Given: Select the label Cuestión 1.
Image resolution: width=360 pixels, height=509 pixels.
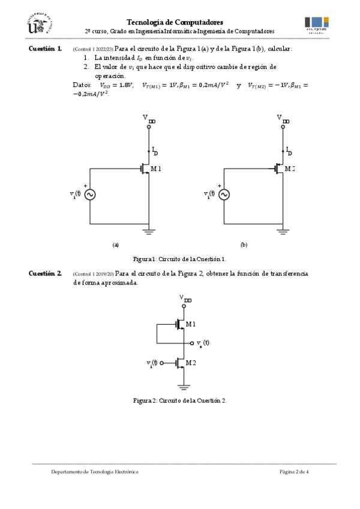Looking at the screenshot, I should tap(45, 48).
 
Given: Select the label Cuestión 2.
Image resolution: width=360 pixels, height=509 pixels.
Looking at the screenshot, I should tap(45, 274).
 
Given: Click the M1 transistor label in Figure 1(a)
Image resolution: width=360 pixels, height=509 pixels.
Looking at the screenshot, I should tap(156, 169).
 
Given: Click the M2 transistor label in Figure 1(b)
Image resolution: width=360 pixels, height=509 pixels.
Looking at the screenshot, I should tap(290, 169).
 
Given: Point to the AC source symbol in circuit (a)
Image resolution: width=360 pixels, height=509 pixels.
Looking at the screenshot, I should tap(90, 194).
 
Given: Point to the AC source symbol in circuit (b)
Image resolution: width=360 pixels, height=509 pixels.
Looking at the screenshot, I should tap(224, 194).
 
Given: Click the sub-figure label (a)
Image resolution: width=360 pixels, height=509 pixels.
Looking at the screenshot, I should tap(116, 245).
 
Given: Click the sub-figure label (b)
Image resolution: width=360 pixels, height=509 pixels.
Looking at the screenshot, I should tap(244, 245).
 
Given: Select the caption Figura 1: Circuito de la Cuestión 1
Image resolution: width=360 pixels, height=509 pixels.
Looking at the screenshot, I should tap(180, 259).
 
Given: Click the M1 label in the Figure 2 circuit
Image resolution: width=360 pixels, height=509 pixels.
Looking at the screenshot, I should tap(191, 324).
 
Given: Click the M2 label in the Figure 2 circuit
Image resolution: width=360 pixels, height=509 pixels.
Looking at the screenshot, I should tap(191, 363).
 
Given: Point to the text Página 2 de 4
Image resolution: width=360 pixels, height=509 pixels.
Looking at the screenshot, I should tap(294, 472).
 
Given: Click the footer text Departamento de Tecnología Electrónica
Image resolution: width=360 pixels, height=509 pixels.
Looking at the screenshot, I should tap(95, 472).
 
